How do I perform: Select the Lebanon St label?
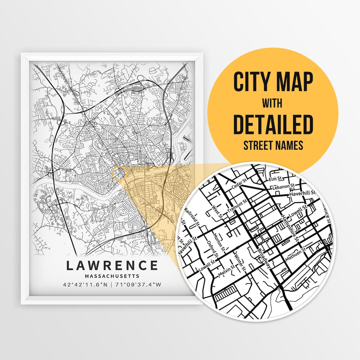(x=284, y=186)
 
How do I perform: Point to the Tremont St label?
(x=237, y=206)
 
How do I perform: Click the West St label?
(x=217, y=212)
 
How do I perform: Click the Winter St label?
(x=240, y=262)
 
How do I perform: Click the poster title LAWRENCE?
(x=112, y=266)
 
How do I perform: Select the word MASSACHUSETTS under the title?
(x=112, y=276)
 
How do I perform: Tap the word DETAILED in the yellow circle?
(x=273, y=124)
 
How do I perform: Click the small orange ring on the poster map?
(x=120, y=173)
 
